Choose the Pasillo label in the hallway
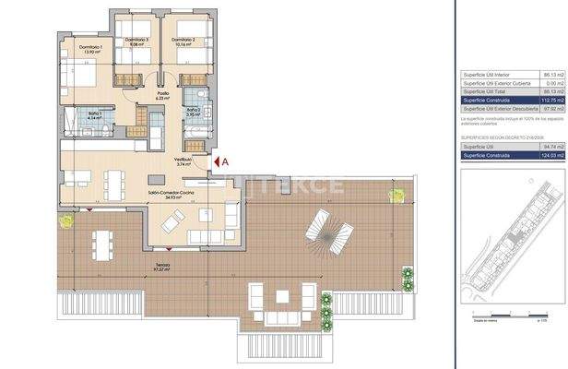(162, 95)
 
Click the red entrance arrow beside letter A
(215, 161)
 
